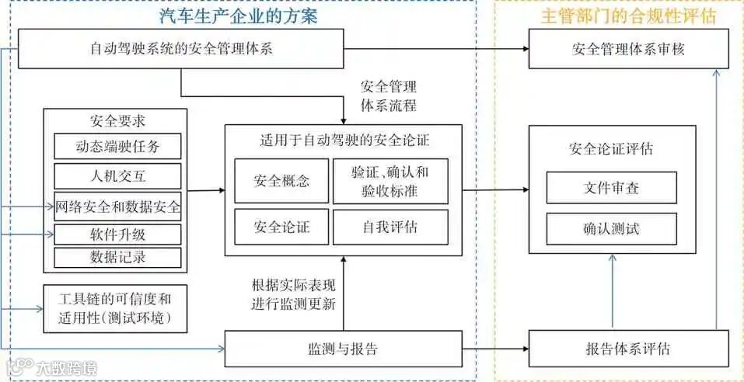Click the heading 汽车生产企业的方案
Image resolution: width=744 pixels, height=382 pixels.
(x=250, y=16)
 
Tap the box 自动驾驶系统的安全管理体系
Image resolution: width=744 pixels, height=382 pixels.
(x=180, y=51)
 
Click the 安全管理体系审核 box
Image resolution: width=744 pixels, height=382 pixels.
(x=629, y=51)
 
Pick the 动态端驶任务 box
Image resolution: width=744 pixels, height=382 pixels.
(x=117, y=146)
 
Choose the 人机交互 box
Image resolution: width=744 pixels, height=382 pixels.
(x=117, y=175)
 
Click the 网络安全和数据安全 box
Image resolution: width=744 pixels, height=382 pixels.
(x=117, y=207)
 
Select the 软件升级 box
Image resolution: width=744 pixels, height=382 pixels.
(x=117, y=234)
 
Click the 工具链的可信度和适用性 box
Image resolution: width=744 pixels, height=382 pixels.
(x=114, y=307)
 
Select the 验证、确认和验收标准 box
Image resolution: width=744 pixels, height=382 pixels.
(x=389, y=182)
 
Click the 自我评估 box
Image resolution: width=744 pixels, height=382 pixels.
(x=389, y=227)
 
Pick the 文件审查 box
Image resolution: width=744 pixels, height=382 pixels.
(x=611, y=188)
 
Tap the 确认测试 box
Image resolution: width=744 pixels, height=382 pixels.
(x=611, y=229)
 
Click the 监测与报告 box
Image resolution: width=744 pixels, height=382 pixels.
(x=343, y=349)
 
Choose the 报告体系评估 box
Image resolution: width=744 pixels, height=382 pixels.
(x=629, y=349)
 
